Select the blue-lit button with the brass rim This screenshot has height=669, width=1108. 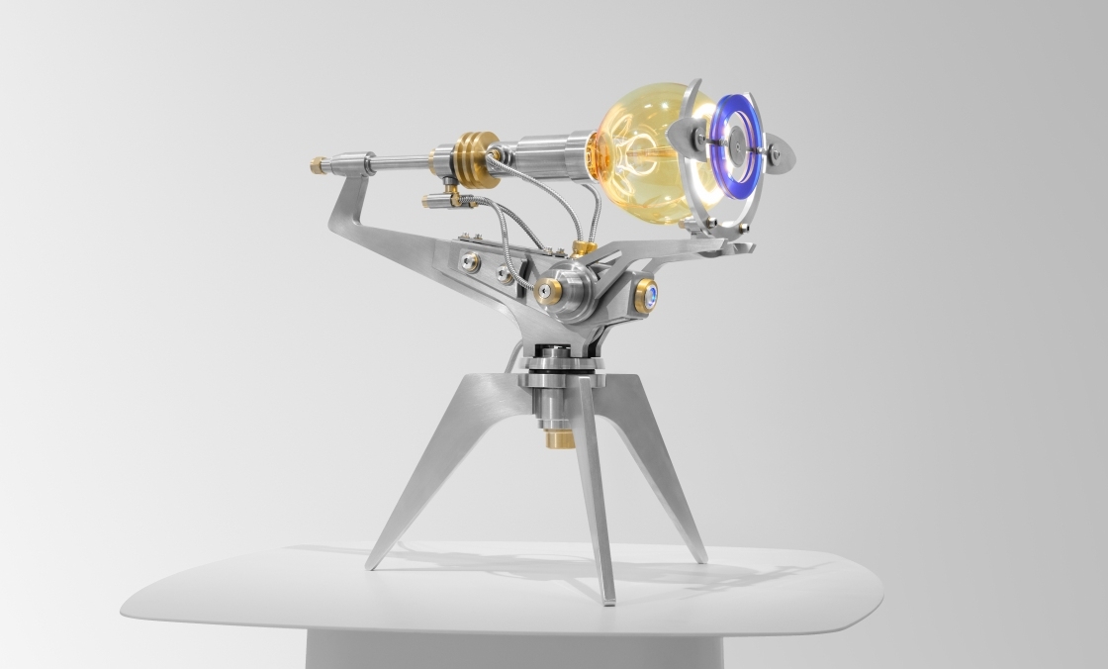tap(646, 295)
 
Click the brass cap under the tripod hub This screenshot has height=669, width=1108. tap(560, 437)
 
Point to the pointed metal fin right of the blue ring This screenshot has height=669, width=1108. tap(782, 156)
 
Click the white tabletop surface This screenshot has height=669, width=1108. tap(297, 594)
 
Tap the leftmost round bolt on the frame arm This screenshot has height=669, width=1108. tap(469, 262)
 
